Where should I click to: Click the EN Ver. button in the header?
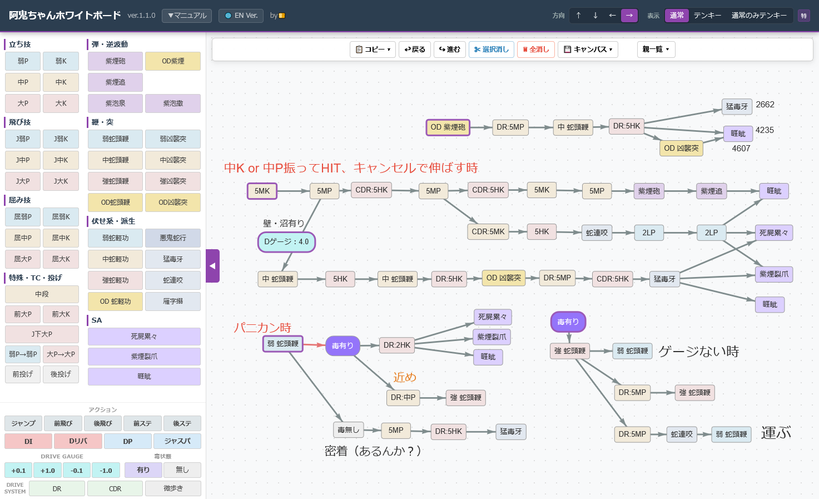241,16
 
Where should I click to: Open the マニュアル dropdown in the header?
187,16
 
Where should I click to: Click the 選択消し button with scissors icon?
491,50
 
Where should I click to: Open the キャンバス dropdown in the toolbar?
588,50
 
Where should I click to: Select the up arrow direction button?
578,16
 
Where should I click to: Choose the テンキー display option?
707,16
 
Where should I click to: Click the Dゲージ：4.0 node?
286,242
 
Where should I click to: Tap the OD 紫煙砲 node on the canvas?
448,127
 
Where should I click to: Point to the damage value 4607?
741,149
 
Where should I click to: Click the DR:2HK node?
397,345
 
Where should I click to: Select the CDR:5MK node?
488,232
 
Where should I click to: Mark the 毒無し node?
348,430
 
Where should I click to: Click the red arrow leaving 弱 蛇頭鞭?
314,345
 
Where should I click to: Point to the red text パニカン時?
262,328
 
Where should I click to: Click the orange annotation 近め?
404,377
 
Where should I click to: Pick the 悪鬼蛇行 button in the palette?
173,238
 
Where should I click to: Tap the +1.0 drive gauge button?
48,471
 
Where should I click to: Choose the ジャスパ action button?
182,441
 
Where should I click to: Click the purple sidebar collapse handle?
212,266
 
